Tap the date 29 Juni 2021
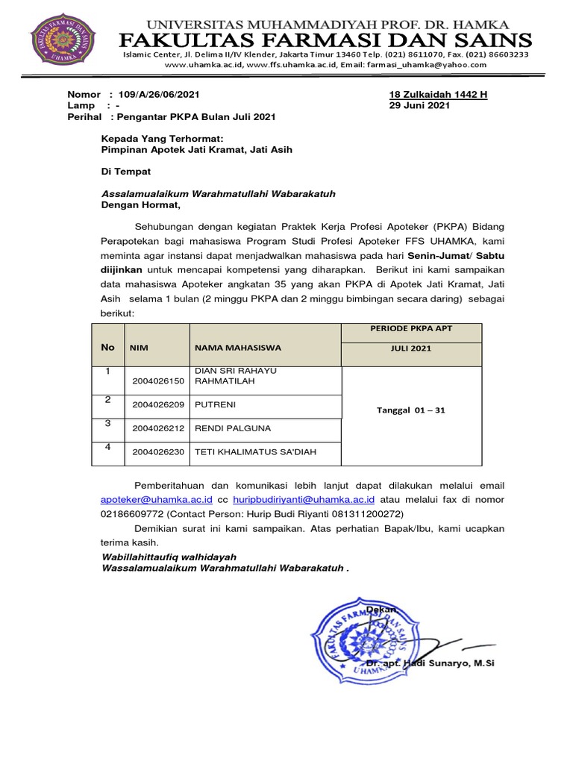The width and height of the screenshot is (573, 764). (420, 106)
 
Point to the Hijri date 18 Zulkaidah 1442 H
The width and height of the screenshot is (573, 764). (438, 95)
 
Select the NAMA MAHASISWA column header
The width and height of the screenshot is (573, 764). (237, 348)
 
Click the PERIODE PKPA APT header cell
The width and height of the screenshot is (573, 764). (411, 329)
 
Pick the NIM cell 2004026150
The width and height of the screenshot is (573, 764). (157, 381)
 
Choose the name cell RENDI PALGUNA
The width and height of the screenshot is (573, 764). (233, 428)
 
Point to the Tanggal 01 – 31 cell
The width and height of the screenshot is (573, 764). (411, 410)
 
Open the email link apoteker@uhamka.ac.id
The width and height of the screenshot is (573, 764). (157, 499)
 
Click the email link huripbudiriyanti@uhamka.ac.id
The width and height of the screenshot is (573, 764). (303, 499)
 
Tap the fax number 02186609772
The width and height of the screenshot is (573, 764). (132, 514)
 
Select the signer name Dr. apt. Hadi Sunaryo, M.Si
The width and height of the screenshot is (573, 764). (430, 663)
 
